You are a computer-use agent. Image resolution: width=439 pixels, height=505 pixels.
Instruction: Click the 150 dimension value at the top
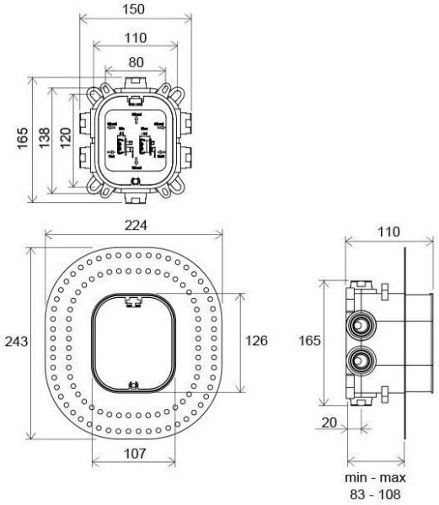pyautogui.click(x=135, y=9)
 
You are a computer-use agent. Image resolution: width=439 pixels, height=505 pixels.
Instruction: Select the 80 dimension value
pyautogui.click(x=135, y=61)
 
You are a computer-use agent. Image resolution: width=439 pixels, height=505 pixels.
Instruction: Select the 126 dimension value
pyautogui.click(x=256, y=341)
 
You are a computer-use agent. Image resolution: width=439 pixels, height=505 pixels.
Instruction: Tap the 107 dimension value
pyautogui.click(x=135, y=454)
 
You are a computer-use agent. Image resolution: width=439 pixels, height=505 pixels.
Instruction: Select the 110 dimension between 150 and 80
pyautogui.click(x=135, y=38)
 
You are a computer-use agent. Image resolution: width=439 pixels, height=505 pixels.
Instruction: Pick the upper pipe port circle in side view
pyautogui.click(x=362, y=323)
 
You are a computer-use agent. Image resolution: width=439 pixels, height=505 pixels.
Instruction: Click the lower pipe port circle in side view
pyautogui.click(x=362, y=362)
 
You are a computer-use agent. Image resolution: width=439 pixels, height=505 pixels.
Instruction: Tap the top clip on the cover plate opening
pyautogui.click(x=133, y=299)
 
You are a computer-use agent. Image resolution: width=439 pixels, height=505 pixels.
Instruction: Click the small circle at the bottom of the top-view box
pyautogui.click(x=136, y=179)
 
